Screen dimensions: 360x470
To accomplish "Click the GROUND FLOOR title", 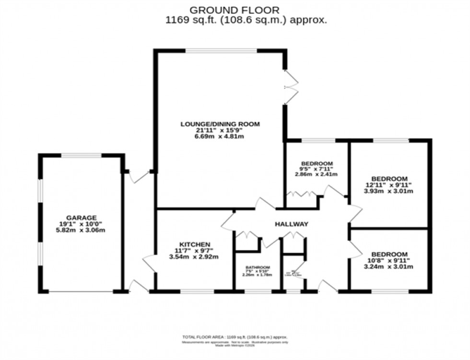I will pyautogui.click(x=235, y=10).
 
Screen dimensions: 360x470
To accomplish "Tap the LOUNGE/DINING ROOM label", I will pyautogui.click(x=220, y=124).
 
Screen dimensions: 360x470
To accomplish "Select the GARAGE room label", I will pyautogui.click(x=81, y=217).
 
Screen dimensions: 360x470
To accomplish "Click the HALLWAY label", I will pyautogui.click(x=291, y=224).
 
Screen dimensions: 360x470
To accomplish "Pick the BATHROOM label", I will pyautogui.click(x=258, y=267).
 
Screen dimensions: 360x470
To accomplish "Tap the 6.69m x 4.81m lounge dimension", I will pyautogui.click(x=220, y=137).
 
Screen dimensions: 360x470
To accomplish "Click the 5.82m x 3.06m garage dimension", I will pyautogui.click(x=81, y=230).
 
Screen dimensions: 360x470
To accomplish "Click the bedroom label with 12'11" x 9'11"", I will pyautogui.click(x=389, y=178).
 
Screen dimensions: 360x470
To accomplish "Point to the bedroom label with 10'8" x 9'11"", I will pyautogui.click(x=389, y=254).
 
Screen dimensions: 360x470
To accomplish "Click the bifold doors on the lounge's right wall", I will pyautogui.click(x=289, y=87).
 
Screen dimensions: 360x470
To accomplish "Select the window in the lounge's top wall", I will pyautogui.click(x=221, y=50).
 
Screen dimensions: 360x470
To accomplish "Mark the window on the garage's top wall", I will pyautogui.click(x=81, y=155).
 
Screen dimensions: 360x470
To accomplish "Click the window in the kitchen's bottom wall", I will pyautogui.click(x=197, y=290).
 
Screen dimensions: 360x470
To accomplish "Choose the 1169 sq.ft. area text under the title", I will pyautogui.click(x=246, y=20).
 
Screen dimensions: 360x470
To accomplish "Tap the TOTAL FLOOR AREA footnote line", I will pyautogui.click(x=235, y=337).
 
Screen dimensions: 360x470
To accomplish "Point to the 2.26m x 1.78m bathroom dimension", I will pyautogui.click(x=258, y=275).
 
